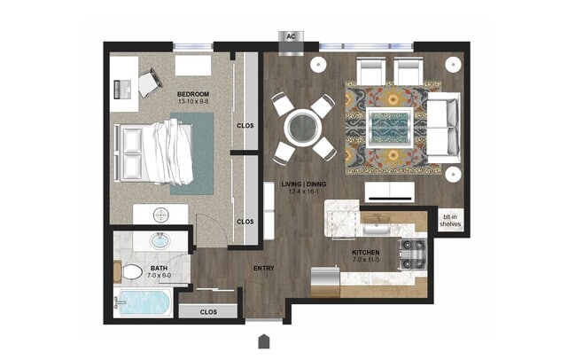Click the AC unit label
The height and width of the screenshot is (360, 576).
pos(290,37)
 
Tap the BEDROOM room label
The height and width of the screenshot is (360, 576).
pos(192,93)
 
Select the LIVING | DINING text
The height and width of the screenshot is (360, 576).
pos(302,187)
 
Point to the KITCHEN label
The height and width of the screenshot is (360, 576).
pos(365,253)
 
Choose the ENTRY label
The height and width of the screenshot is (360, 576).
pos(263,269)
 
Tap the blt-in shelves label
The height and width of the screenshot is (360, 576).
pos(452,220)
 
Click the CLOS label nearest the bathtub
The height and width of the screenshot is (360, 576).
pos(208,312)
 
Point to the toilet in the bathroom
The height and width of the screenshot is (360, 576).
pos(131,271)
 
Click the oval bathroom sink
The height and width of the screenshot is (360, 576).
pos(160,240)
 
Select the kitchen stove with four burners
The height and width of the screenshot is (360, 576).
pos(413,254)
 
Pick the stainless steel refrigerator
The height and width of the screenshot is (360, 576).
pos(323,283)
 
